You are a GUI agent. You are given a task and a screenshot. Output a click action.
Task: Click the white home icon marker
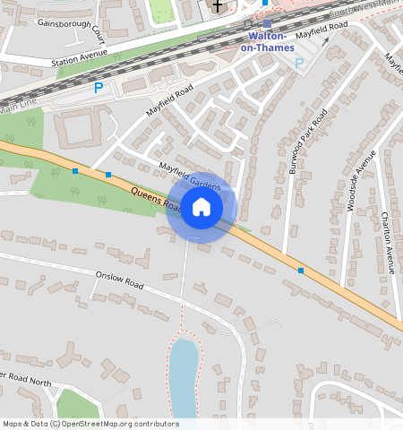pos(201,209)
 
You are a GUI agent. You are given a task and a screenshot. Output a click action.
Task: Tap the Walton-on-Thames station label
pos(268,42)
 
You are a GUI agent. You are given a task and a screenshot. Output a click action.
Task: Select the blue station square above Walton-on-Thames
pos(268,23)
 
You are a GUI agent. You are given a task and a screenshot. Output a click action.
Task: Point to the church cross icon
pos(217,7)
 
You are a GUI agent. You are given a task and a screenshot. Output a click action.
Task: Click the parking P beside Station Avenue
pos(99,88)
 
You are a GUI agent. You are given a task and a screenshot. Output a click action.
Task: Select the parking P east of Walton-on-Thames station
pos(299,64)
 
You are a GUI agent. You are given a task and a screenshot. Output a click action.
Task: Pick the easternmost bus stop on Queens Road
pos(301,270)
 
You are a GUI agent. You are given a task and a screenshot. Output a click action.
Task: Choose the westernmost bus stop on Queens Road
pos(75,170)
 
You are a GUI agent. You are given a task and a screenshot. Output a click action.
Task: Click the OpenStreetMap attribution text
pos(90,424)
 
